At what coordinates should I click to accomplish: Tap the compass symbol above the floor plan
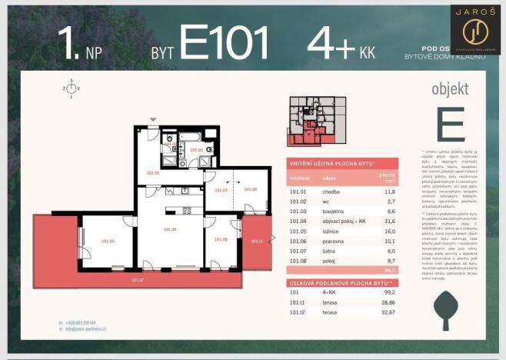pyautogui.click(x=71, y=88)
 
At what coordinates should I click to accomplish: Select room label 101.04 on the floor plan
pyautogui.click(x=170, y=229)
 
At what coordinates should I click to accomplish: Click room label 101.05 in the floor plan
pyautogui.click(x=107, y=241)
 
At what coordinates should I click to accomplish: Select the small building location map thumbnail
pyautogui.click(x=316, y=121)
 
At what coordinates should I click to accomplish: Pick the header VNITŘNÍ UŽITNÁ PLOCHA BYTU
pyautogui.click(x=333, y=164)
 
